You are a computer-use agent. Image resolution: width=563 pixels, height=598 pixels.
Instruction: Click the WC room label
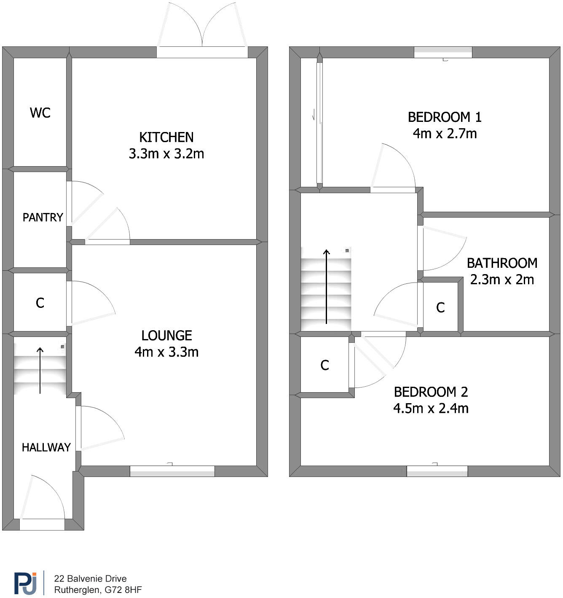[x=40, y=113]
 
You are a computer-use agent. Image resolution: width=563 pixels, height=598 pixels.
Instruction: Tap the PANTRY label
[x=43, y=217]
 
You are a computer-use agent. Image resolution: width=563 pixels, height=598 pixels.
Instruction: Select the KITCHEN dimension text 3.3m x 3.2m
[x=166, y=154]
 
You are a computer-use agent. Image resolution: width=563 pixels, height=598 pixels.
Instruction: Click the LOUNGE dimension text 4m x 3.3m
[x=166, y=352]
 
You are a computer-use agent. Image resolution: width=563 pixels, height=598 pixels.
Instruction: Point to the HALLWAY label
[x=46, y=447]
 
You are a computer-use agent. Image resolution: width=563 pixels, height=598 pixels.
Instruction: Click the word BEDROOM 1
[x=445, y=117]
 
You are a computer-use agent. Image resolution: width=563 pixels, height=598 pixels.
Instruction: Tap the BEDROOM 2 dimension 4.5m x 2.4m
[x=431, y=408]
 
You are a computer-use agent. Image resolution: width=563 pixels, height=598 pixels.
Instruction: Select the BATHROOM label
[x=502, y=263]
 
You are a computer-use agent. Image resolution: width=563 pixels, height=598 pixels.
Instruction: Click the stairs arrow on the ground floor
[x=40, y=370]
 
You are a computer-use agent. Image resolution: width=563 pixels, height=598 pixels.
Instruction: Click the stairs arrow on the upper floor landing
[x=327, y=287]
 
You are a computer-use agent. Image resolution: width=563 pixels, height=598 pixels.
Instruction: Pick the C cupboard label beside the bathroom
[x=440, y=308]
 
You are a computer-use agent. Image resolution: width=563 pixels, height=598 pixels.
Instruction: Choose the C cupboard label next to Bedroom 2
[x=324, y=365]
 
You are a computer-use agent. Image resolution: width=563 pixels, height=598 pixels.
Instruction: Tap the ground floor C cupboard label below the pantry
[x=40, y=303]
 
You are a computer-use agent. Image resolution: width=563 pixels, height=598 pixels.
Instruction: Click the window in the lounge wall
[x=172, y=471]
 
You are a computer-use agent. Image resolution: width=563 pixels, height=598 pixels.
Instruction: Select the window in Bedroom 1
[x=443, y=52]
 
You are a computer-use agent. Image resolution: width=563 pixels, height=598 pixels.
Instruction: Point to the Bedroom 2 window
[x=437, y=471]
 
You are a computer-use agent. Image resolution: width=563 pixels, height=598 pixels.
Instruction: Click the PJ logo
[x=26, y=583]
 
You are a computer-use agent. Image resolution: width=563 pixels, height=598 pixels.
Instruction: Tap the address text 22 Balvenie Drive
[x=90, y=579]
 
